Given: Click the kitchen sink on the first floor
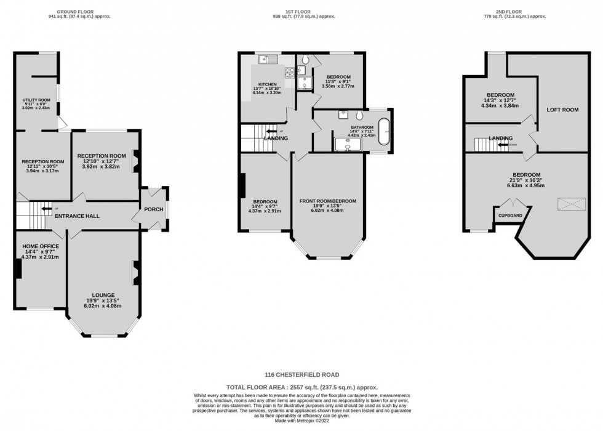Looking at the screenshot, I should coord(266,59).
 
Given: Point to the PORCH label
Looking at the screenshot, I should coord(153,209).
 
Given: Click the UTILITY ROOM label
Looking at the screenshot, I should coord(36,100).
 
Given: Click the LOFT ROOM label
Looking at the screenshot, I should coord(562,110).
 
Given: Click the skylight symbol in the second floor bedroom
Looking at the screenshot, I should coord(569,204).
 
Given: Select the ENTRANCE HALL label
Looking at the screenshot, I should coord(77,216).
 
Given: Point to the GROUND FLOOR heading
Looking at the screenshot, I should coord(74,12).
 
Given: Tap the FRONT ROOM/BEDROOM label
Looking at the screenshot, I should coord(327,201).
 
